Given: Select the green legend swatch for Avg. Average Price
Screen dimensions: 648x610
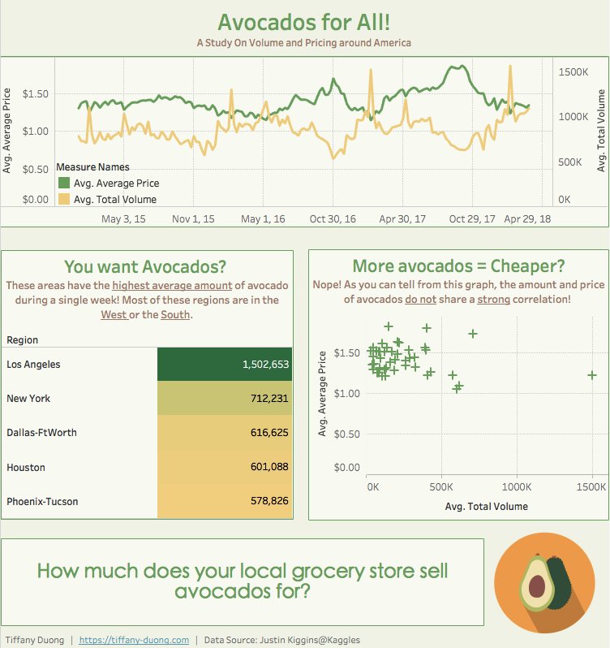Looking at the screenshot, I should (x=63, y=184).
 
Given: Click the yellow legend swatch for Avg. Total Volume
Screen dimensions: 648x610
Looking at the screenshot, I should (x=63, y=199).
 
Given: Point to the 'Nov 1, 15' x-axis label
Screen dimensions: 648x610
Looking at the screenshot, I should (x=194, y=219).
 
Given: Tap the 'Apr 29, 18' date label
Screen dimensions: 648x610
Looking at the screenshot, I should (x=528, y=219).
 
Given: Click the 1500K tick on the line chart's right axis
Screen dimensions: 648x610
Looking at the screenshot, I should (x=573, y=72).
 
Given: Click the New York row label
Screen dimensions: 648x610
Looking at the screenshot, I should (x=28, y=399).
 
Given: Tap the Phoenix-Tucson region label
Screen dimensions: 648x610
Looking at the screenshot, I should (x=42, y=502).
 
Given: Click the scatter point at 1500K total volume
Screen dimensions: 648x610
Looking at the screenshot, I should (x=592, y=375).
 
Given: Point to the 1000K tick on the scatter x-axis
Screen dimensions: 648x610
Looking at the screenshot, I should (x=517, y=488).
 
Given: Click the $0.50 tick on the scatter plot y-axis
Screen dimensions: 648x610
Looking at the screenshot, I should (x=347, y=434).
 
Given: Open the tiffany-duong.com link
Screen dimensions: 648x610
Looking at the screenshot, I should (x=135, y=640).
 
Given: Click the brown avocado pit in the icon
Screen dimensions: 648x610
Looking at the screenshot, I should (x=536, y=586).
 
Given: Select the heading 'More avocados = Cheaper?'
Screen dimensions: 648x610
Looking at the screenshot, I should (x=458, y=244).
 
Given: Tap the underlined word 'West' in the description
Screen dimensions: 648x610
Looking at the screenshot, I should (x=114, y=315).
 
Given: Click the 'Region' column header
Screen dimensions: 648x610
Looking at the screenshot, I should (x=22, y=340).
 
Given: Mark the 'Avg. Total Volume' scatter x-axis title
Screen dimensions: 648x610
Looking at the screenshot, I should (x=486, y=506).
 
